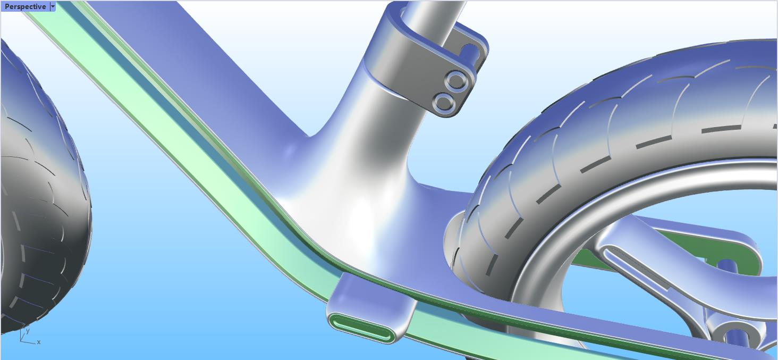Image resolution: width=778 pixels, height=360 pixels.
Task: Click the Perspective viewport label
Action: coord(26,6)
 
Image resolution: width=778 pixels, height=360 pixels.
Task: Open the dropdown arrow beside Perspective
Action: coord(53,6)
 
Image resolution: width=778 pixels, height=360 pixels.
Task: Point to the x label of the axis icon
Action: coord(39,342)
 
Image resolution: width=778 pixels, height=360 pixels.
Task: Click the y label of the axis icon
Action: coord(28,331)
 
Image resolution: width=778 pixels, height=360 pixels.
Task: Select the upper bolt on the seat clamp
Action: coord(456,81)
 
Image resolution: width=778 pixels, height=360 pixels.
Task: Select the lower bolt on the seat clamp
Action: coord(444,103)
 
